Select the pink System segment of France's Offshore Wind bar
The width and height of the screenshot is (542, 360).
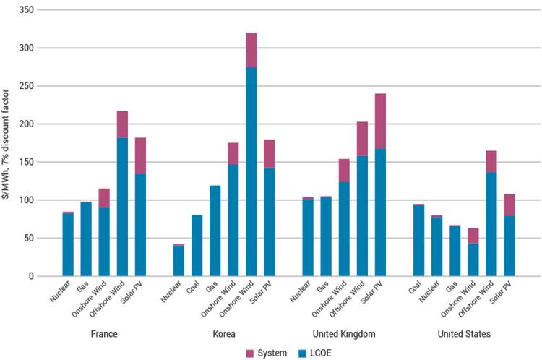[122, 124]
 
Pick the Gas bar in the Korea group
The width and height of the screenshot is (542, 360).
[215, 231]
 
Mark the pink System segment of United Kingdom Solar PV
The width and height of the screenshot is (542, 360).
[380, 121]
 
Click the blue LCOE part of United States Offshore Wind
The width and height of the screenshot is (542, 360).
[490, 223]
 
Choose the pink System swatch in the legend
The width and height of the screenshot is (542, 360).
[250, 352]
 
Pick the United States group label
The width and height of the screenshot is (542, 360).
[465, 334]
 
